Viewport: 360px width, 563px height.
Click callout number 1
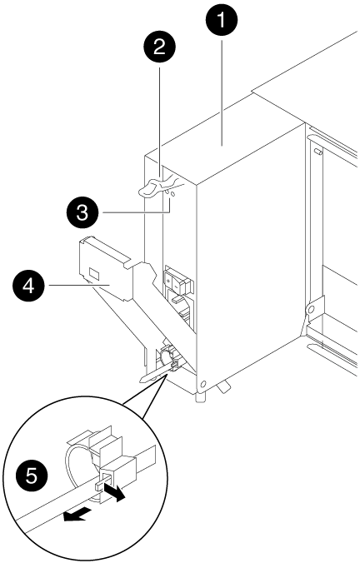[222, 21]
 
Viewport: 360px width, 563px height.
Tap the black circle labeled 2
[159, 47]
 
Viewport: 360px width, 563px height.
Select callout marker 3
[82, 213]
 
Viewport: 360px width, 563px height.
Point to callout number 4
[28, 286]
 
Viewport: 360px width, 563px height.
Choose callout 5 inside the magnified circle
[32, 476]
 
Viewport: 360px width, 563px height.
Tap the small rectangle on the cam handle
[93, 274]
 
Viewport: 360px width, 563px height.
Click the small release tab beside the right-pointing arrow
[99, 486]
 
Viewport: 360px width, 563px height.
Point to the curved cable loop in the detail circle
[73, 466]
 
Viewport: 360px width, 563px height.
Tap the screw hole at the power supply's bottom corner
[203, 385]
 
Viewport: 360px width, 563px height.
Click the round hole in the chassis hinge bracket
[311, 308]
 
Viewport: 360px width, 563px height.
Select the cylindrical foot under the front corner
[199, 397]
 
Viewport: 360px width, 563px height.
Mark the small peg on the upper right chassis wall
[317, 152]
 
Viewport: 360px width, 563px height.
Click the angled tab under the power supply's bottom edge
[224, 387]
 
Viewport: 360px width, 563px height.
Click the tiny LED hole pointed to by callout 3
[172, 194]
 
